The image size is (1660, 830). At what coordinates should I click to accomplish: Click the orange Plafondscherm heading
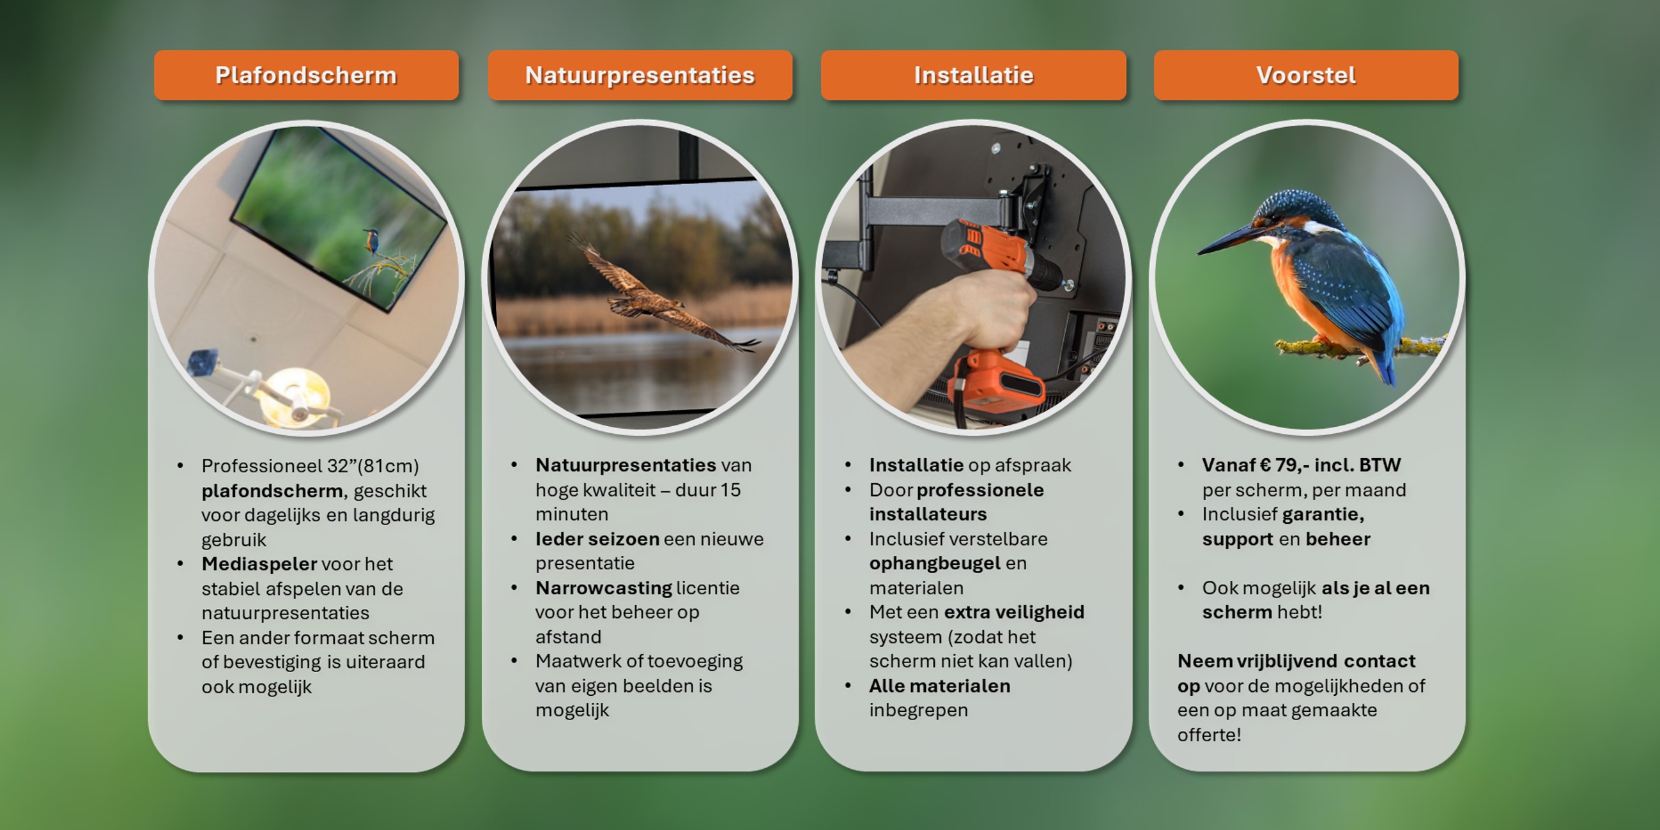coord(306,75)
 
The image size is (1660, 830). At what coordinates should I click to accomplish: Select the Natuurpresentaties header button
coord(640,75)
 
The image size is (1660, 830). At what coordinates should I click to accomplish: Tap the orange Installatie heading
coord(974,75)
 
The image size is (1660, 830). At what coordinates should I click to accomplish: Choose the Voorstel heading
coord(1306,75)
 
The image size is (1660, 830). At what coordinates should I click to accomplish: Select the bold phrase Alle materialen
coord(939,686)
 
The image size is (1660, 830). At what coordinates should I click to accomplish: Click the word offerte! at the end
coord(1209,735)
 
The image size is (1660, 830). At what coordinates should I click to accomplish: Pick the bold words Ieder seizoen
coord(597,539)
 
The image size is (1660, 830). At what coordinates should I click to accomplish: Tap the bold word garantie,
coord(1324,514)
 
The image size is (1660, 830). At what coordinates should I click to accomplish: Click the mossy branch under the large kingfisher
coord(1360,348)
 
